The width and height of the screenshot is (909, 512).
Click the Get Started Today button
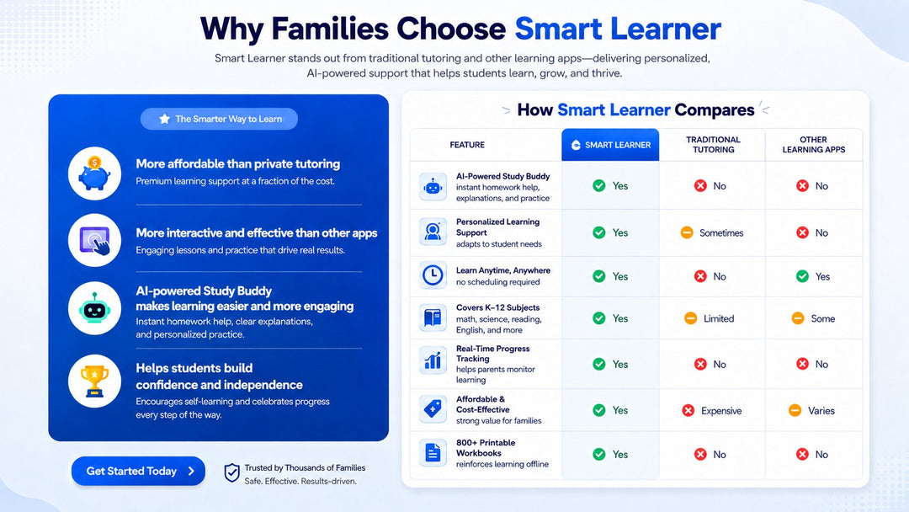(x=138, y=471)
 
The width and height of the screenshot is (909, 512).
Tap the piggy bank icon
(x=94, y=173)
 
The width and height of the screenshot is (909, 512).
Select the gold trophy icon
(x=94, y=381)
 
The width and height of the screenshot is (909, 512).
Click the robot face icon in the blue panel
(x=94, y=308)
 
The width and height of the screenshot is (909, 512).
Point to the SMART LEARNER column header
(x=610, y=145)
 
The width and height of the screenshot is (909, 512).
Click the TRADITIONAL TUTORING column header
(x=713, y=144)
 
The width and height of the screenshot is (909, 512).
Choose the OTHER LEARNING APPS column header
(x=813, y=144)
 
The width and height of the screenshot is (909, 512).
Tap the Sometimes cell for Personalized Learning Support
(x=712, y=232)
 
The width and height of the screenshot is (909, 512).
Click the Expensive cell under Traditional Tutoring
(x=712, y=411)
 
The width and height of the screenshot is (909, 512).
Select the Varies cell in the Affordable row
(x=811, y=411)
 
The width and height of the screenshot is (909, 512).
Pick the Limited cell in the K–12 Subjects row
(x=709, y=318)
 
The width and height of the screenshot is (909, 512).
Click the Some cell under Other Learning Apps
(x=813, y=318)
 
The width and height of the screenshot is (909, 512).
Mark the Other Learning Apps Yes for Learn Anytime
(x=813, y=276)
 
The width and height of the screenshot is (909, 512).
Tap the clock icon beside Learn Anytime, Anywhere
(x=433, y=275)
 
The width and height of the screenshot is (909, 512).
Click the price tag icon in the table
(x=433, y=408)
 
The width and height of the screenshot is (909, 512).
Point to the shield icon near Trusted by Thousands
(x=232, y=473)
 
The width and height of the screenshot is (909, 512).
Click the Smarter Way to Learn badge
(x=219, y=119)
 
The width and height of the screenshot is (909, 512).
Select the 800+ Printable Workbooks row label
(x=486, y=448)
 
